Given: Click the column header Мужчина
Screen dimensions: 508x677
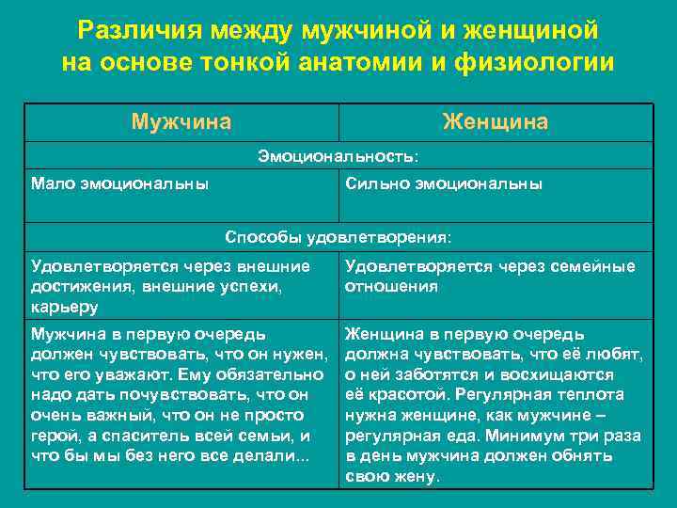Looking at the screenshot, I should click(x=181, y=122).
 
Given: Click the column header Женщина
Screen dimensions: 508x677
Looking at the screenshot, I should click(x=496, y=122).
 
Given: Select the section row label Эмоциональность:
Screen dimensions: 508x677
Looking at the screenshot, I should click(x=338, y=155).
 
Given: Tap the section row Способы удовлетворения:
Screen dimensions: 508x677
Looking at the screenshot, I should click(x=338, y=235).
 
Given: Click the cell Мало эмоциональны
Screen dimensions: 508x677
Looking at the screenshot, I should click(x=120, y=183).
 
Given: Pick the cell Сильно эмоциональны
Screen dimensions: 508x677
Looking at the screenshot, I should click(x=444, y=183).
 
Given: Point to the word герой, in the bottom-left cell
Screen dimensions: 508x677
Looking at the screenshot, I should click(x=54, y=436).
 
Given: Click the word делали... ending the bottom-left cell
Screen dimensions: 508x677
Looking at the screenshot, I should click(x=274, y=456).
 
